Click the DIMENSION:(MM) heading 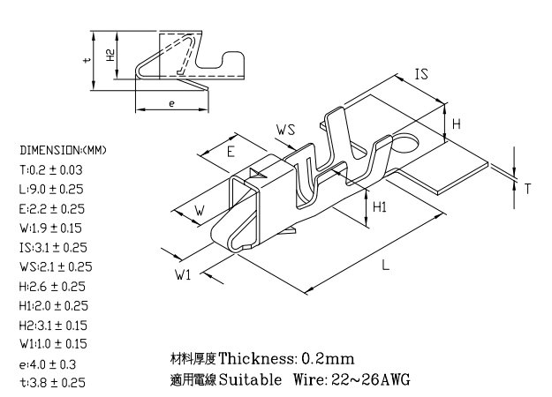63,150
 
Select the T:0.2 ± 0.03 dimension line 51,170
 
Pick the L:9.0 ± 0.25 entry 51,189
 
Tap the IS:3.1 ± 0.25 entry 53,248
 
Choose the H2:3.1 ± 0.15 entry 53,326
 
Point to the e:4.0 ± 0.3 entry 48,364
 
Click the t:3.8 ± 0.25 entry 52,382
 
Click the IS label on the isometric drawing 421,74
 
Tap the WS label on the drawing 285,130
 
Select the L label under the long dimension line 386,265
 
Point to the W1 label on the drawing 183,274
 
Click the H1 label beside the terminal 380,207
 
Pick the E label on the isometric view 231,152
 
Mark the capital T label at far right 527,189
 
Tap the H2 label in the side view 110,56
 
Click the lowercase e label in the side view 171,104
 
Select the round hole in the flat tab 405,142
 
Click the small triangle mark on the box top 257,174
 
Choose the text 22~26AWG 371,379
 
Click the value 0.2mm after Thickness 328,359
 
